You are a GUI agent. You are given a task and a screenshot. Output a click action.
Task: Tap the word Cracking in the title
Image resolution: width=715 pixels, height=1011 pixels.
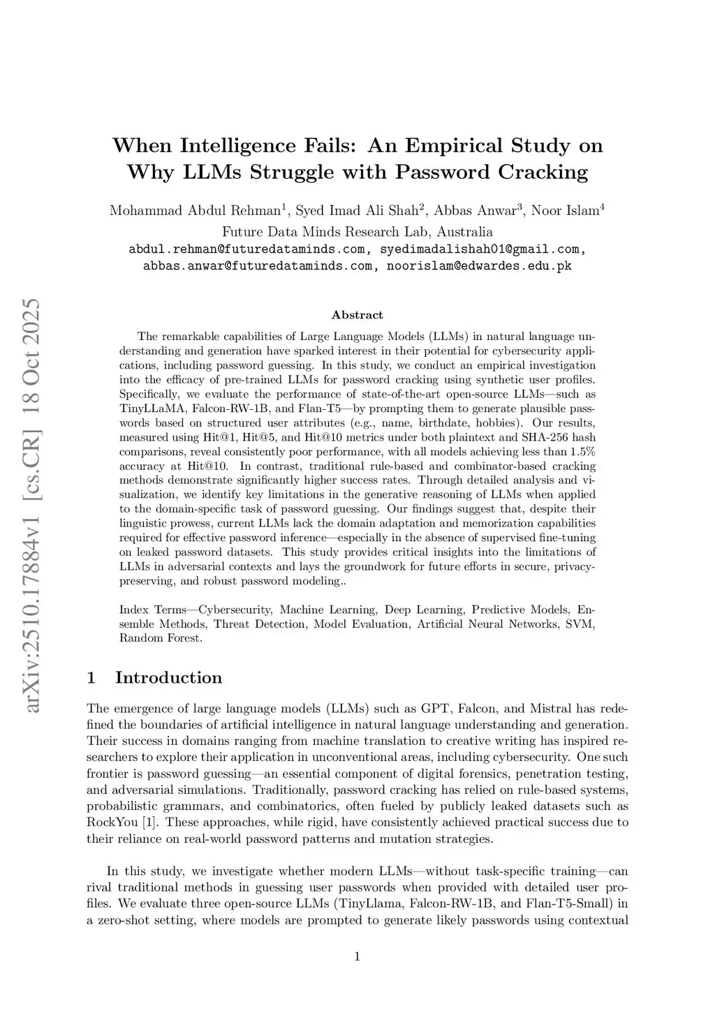543,172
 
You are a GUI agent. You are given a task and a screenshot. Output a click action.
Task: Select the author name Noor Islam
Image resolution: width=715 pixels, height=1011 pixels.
565,211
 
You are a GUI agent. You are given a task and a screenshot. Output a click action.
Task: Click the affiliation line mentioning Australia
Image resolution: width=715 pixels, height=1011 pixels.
357,232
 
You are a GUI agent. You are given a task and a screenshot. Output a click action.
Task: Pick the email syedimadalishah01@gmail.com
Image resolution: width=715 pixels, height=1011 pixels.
479,249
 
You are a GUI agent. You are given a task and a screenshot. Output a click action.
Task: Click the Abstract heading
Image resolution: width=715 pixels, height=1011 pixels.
357,315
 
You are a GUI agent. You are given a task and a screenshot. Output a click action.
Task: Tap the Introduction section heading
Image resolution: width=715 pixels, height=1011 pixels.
168,678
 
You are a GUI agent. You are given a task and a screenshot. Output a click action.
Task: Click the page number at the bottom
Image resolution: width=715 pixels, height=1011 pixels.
357,957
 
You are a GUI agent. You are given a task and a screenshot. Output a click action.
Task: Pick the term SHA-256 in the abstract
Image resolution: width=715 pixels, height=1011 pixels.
543,437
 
